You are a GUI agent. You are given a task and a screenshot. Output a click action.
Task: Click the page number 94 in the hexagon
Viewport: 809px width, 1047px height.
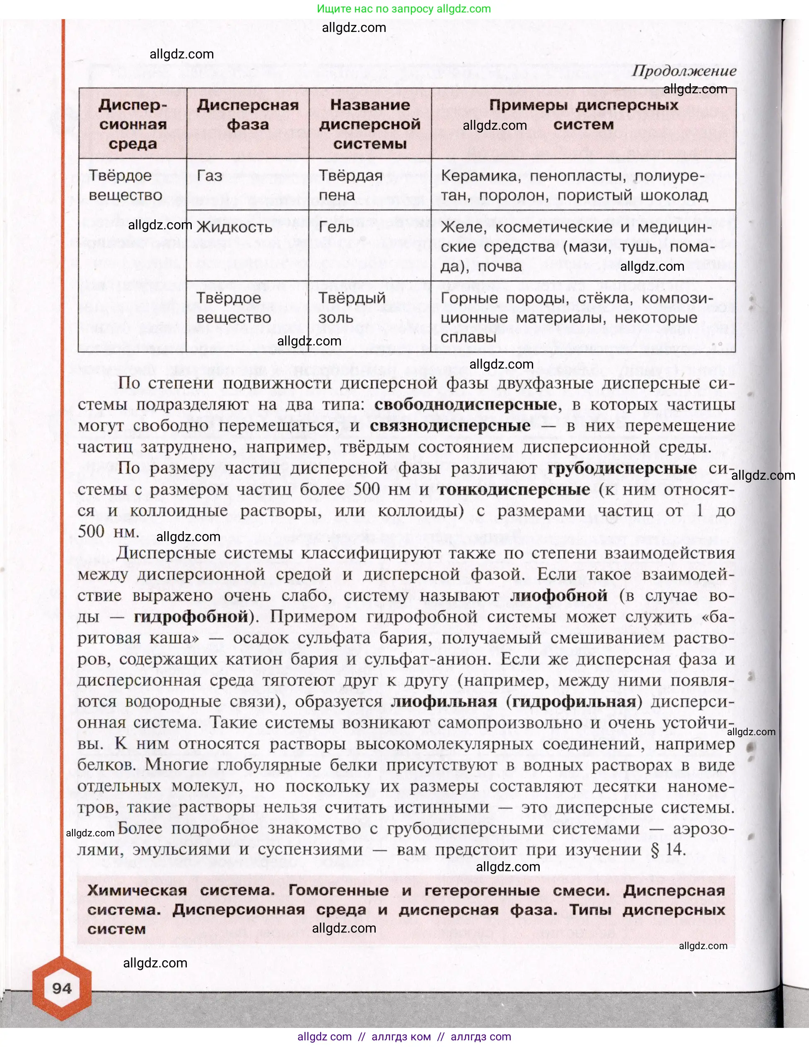pyautogui.click(x=62, y=988)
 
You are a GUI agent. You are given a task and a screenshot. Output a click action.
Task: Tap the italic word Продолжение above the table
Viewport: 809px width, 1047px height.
pyautogui.click(x=683, y=71)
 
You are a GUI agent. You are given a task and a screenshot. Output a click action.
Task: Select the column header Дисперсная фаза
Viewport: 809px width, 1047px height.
pyautogui.click(x=248, y=114)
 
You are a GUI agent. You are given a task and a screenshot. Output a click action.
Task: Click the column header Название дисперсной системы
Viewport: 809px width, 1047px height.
pyautogui.click(x=370, y=124)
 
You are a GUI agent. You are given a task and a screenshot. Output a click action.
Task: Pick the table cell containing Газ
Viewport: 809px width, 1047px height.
pyautogui.click(x=210, y=176)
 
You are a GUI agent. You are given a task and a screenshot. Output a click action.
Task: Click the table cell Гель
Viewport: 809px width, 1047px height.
pyautogui.click(x=336, y=227)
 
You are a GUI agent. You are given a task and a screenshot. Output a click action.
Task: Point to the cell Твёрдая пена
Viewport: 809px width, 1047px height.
pyautogui.click(x=350, y=185)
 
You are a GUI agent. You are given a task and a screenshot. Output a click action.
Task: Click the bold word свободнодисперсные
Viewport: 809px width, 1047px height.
pyautogui.click(x=466, y=404)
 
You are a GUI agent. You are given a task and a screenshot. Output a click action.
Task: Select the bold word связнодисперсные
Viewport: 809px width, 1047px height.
pyautogui.click(x=450, y=425)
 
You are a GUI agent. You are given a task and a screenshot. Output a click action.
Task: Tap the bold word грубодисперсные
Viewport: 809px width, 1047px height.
pyautogui.click(x=622, y=468)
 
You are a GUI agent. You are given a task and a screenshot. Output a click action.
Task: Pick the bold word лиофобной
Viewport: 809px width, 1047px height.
pyautogui.click(x=558, y=595)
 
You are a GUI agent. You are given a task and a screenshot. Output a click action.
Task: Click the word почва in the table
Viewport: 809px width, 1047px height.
pyautogui.click(x=500, y=266)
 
